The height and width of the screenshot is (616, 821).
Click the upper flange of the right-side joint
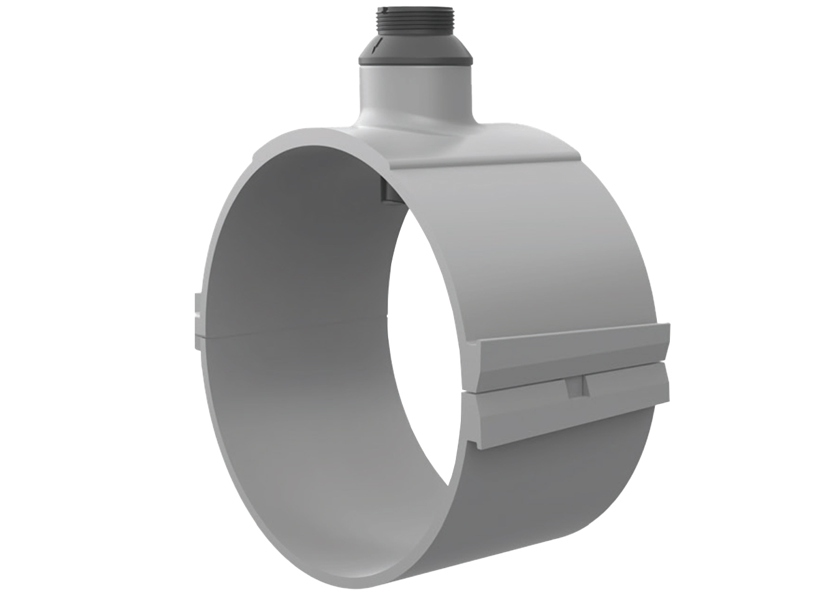pos(572,358)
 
